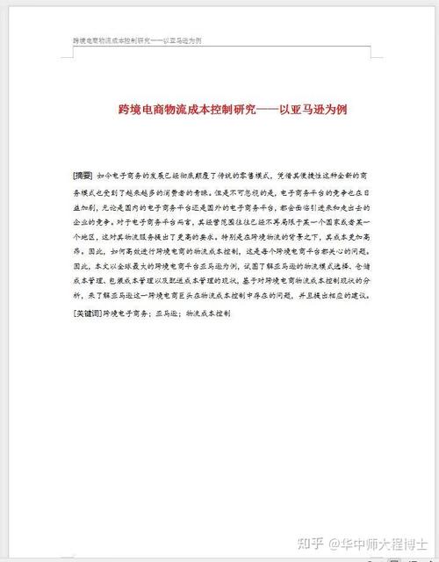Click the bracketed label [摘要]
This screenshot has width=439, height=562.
click(83, 175)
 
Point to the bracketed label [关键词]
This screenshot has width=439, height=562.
click(88, 312)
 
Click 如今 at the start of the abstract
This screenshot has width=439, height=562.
click(104, 175)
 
